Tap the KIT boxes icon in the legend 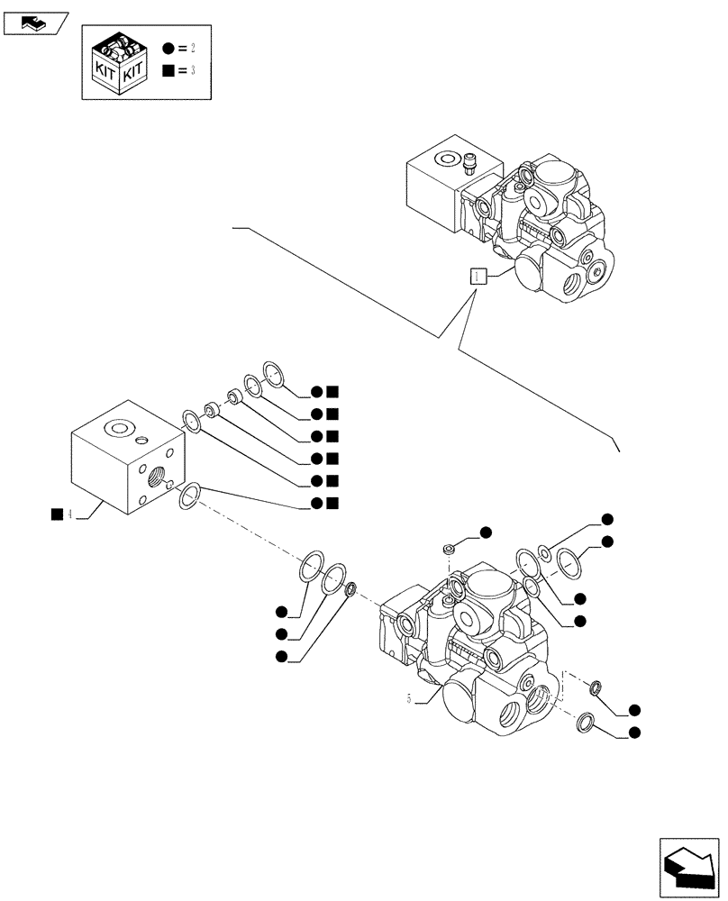[118, 62]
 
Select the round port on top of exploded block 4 [117, 427]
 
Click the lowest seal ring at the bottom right [585, 722]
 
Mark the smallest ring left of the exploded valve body [351, 590]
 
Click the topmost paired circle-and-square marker [324, 391]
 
